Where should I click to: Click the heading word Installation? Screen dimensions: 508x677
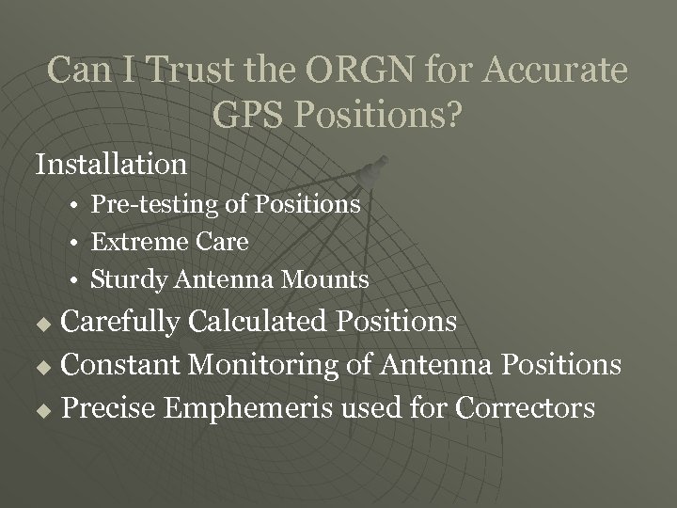[x=111, y=164]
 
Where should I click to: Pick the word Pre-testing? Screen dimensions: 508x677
[x=145, y=204]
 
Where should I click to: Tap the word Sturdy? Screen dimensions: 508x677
[x=127, y=279]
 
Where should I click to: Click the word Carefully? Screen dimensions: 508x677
[x=121, y=322]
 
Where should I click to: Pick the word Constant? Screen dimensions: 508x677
[x=118, y=364]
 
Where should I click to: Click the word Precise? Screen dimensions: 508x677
[x=108, y=407]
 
